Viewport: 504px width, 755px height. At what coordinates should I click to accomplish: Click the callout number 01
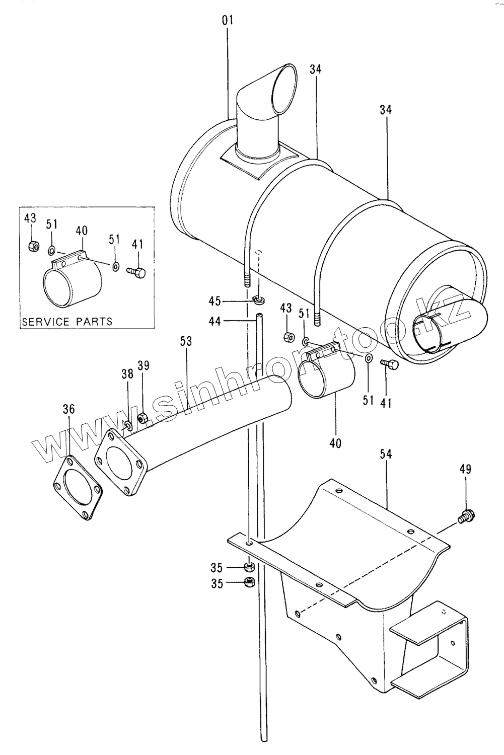[x=228, y=21]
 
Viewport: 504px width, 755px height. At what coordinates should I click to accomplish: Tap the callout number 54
[x=386, y=455]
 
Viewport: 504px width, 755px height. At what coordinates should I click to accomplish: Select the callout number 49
[x=465, y=470]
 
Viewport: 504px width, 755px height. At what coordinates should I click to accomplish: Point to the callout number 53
[x=186, y=341]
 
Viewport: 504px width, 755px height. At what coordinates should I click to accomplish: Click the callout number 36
[x=68, y=409]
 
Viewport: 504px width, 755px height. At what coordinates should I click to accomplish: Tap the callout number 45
[x=215, y=301]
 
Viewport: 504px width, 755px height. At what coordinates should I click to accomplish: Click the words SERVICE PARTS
[x=67, y=321]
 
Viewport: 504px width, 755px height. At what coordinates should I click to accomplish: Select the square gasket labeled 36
[x=78, y=487]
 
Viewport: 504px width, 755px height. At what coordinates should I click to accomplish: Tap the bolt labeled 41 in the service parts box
[x=137, y=273]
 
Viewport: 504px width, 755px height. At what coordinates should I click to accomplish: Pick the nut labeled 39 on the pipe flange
[x=142, y=417]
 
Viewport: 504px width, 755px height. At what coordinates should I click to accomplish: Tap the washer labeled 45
[x=259, y=300]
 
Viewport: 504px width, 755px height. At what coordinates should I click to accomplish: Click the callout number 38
[x=127, y=374]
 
